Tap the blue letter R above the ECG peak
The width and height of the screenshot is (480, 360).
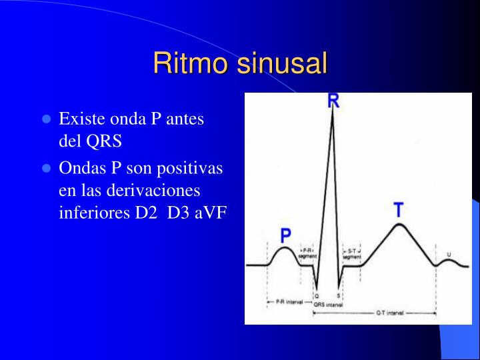point(333,101)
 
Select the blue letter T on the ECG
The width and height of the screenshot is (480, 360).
point(398,211)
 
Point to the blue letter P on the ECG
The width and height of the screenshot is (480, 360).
point(286,235)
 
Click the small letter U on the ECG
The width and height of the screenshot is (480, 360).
point(448,255)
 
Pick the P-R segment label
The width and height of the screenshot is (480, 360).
point(307,254)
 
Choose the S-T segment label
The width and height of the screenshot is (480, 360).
point(352,254)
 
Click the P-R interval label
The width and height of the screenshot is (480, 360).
point(289,302)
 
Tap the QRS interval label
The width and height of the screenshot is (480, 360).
point(329,304)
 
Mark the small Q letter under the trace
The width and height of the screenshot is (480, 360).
point(317,295)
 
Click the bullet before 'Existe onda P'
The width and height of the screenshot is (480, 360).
point(47,120)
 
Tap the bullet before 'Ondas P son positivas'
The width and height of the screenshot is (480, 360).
point(47,169)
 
